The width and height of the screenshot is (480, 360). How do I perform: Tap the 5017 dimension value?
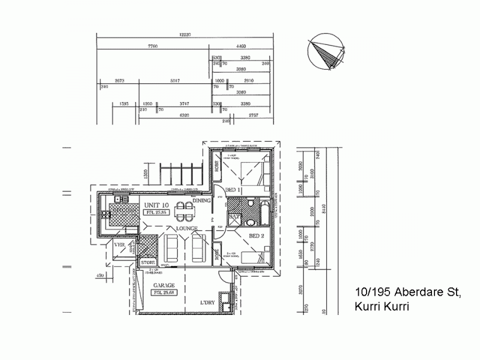[x=175, y=80]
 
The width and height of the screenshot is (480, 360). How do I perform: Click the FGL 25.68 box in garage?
[x=163, y=292]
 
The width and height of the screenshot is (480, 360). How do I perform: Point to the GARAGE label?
[x=164, y=285]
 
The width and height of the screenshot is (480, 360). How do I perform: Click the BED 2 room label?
[x=257, y=236]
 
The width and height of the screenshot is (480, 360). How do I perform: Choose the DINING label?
[x=201, y=202]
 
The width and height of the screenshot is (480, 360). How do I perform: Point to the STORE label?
[x=148, y=262]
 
